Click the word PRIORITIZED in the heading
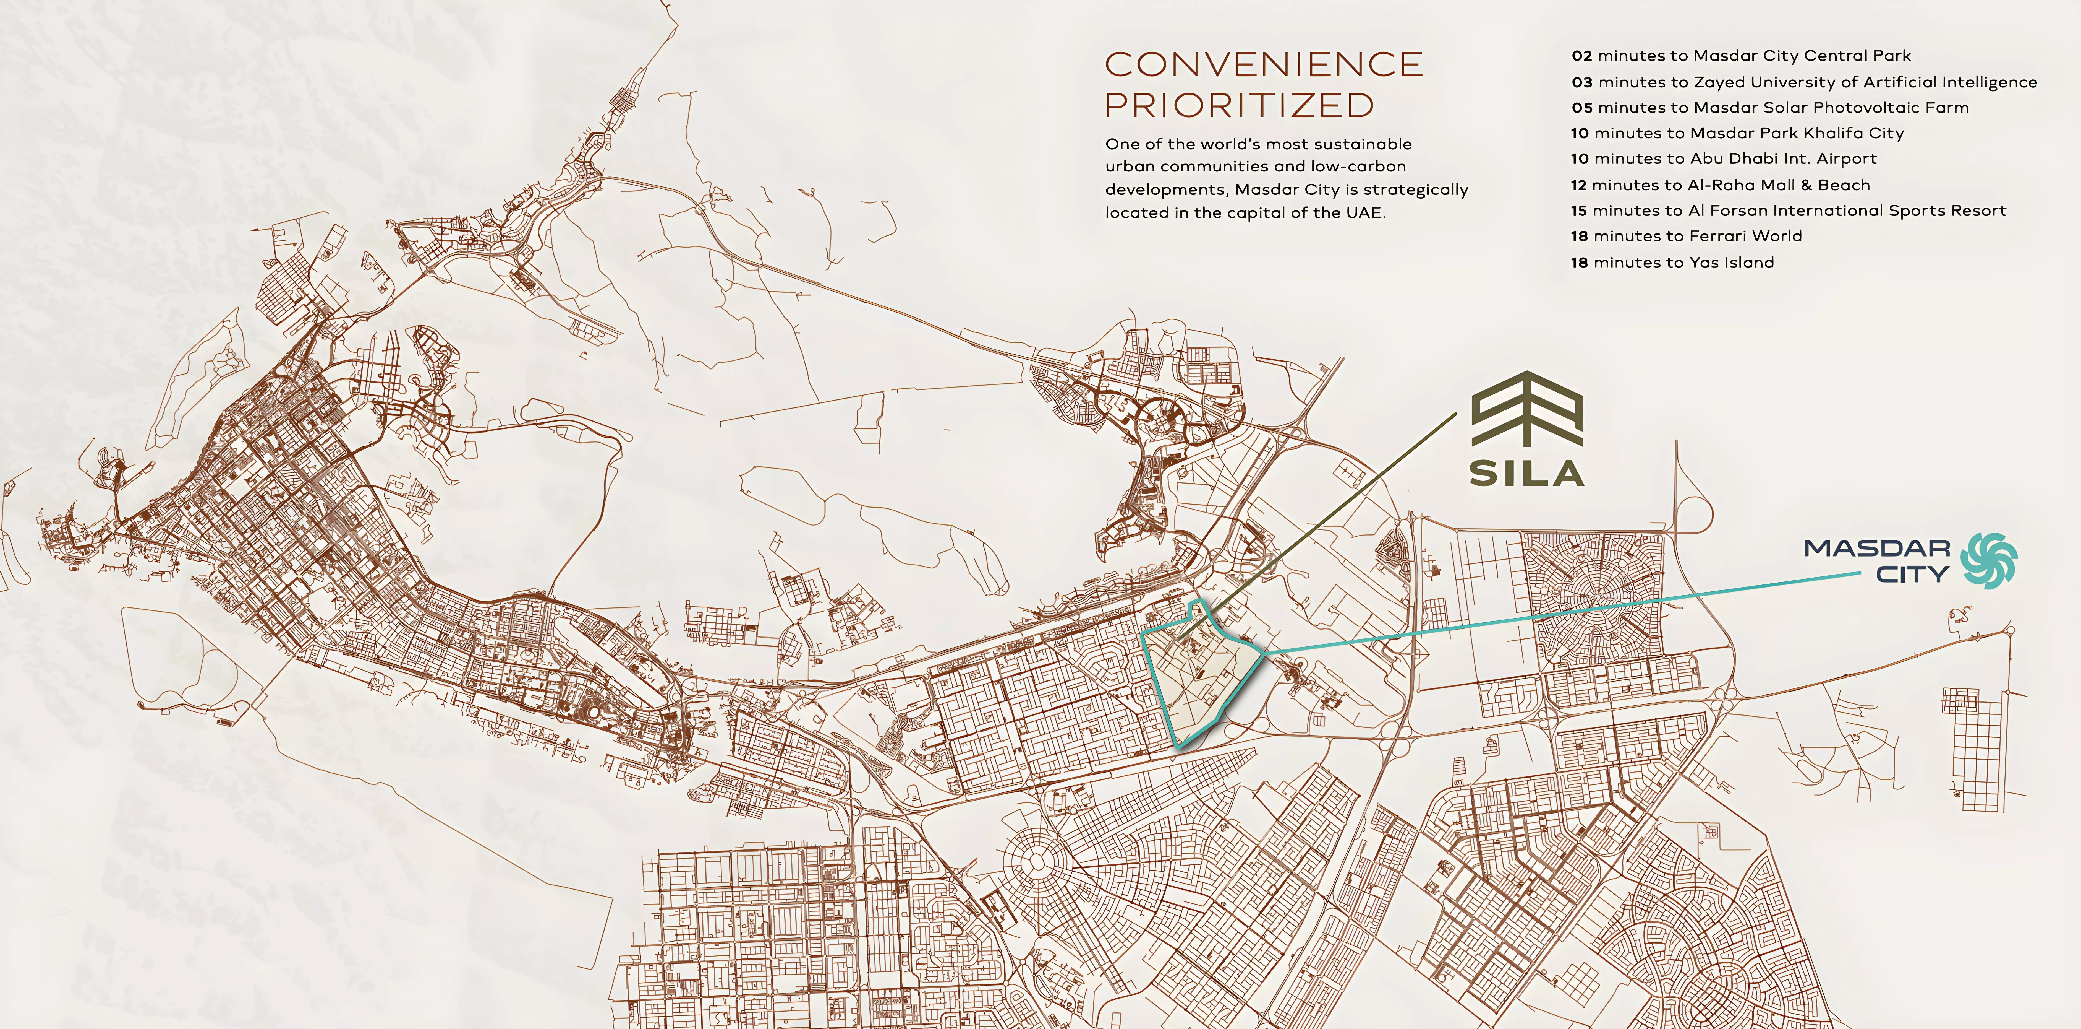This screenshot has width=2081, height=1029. tap(1239, 105)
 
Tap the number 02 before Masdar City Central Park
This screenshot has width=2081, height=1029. tap(1582, 56)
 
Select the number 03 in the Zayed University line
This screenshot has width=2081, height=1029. tap(1582, 82)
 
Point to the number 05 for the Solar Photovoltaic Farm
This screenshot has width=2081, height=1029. tap(1582, 108)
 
